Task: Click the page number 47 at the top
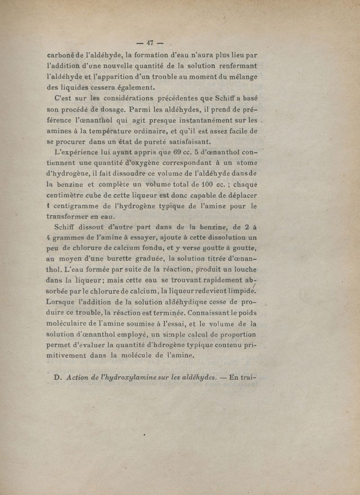click(150, 43)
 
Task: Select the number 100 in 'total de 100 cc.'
click(200, 185)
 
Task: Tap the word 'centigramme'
click(74, 206)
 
